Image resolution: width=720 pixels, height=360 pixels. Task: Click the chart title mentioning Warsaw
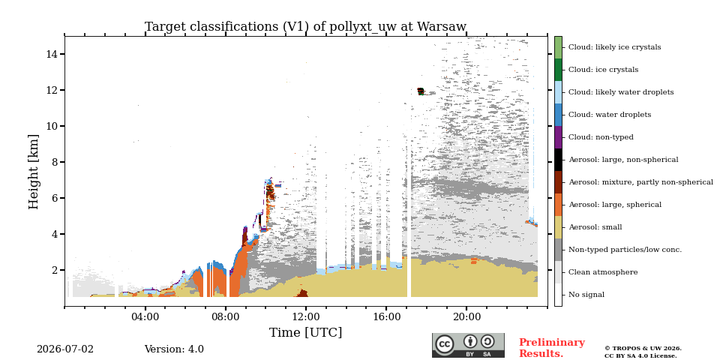pyautogui.click(x=305, y=27)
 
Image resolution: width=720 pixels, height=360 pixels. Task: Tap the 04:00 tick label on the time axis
pyautogui.click(x=145, y=316)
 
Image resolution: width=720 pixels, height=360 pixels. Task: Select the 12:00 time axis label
pyautogui.click(x=306, y=316)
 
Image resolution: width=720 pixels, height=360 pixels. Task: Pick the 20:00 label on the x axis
pyautogui.click(x=466, y=316)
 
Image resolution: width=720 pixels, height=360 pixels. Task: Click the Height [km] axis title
pyautogui.click(x=34, y=172)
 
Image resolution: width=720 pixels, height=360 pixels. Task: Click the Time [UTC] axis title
pyautogui.click(x=305, y=332)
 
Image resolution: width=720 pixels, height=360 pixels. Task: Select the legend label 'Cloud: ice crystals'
pyautogui.click(x=603, y=70)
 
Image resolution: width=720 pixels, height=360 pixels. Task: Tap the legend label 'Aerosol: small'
pyautogui.click(x=595, y=227)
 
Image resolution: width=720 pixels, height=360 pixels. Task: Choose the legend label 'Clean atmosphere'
pyautogui.click(x=603, y=272)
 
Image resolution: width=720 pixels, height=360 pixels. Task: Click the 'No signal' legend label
pyautogui.click(x=586, y=295)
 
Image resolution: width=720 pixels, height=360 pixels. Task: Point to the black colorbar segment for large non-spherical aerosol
pyautogui.click(x=558, y=160)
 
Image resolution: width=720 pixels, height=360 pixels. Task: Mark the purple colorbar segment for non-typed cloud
pyautogui.click(x=558, y=137)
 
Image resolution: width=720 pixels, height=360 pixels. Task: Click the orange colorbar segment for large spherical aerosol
pyautogui.click(x=558, y=205)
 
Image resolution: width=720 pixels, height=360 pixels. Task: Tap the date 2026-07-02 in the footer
pyautogui.click(x=65, y=349)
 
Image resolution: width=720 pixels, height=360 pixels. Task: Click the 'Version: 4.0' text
pyautogui.click(x=174, y=349)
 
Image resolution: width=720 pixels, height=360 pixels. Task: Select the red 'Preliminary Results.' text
pyautogui.click(x=552, y=348)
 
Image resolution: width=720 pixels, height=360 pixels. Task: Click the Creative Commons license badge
pyautogui.click(x=468, y=345)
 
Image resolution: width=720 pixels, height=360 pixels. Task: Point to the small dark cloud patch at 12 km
pyautogui.click(x=421, y=91)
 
